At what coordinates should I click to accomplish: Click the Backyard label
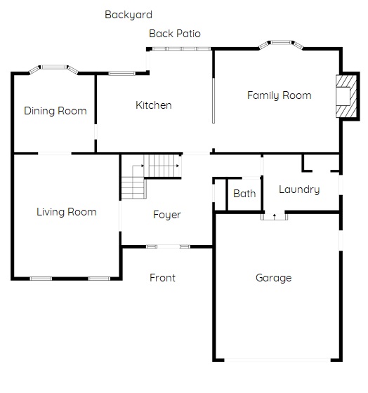(129, 15)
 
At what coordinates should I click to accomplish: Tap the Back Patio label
(175, 34)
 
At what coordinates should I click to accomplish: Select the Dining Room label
(55, 111)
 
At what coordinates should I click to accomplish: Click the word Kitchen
(154, 105)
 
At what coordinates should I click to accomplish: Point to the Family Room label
(280, 95)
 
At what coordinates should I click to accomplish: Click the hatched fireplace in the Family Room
(346, 96)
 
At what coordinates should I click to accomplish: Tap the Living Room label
(67, 212)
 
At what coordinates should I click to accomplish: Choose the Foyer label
(167, 215)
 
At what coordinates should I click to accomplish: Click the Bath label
(244, 194)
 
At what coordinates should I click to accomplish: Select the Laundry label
(299, 189)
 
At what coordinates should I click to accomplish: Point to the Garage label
(274, 278)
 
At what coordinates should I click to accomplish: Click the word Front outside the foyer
(162, 278)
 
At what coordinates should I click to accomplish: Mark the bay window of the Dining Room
(53, 69)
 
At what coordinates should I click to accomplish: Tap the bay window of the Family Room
(281, 44)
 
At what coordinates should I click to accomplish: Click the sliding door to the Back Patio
(182, 49)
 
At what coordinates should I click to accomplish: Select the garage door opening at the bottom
(277, 360)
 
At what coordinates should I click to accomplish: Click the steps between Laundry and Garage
(274, 217)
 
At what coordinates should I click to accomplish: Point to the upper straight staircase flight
(162, 166)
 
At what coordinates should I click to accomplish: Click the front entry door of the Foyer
(169, 246)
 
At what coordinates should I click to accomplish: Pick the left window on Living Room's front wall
(41, 279)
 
